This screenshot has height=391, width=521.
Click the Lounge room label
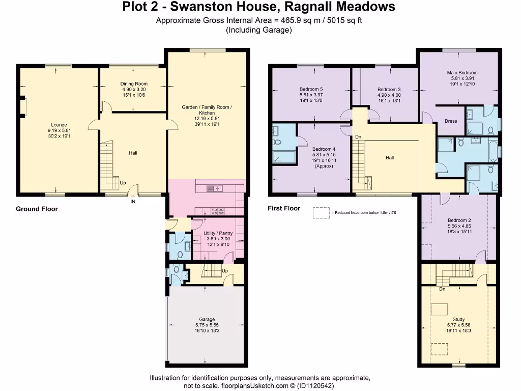point(59,125)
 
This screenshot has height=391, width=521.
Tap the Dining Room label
point(134,84)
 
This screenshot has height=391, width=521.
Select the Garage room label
point(207,320)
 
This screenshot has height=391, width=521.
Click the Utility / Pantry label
point(217,233)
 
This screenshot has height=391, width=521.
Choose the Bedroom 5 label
point(311,89)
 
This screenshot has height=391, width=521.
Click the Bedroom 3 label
point(389,89)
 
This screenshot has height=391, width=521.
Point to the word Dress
point(451,121)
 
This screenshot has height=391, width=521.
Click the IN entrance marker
point(133,202)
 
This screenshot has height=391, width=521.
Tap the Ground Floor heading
point(37,209)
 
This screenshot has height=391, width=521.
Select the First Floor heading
point(284,208)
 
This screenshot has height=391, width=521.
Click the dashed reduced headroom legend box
point(321,212)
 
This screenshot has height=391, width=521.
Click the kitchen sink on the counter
point(215,188)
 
